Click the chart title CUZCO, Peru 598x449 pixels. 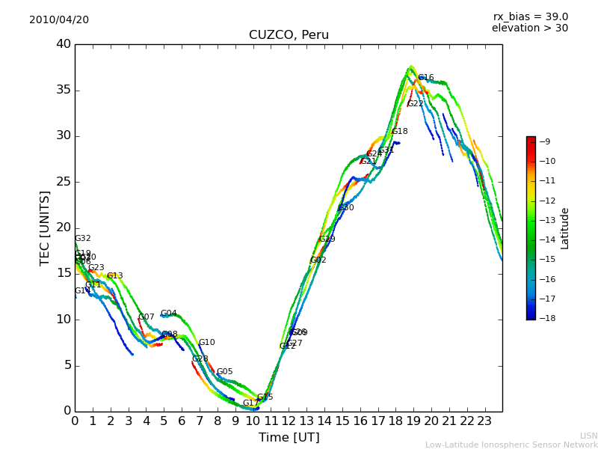pos(289,35)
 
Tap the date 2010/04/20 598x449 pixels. pos(59,19)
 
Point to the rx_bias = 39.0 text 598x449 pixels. pos(530,16)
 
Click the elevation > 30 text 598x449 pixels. pos(530,28)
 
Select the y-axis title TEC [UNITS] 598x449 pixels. pos(45,227)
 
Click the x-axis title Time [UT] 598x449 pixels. pos(289,438)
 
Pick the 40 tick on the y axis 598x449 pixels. pos(64,44)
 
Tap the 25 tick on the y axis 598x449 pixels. pos(64,182)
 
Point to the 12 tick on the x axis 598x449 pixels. pos(289,421)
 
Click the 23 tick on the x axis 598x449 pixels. pos(484,421)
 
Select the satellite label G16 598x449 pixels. pos(426,78)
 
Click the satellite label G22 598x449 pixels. pos(415,104)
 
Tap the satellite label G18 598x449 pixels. pos(400,132)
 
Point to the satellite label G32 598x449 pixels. pos(83,239)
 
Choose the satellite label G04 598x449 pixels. pos(169,314)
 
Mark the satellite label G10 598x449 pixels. pos(206,343)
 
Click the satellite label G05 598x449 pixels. pos(224,372)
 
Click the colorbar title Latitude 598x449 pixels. pos(565,227)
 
